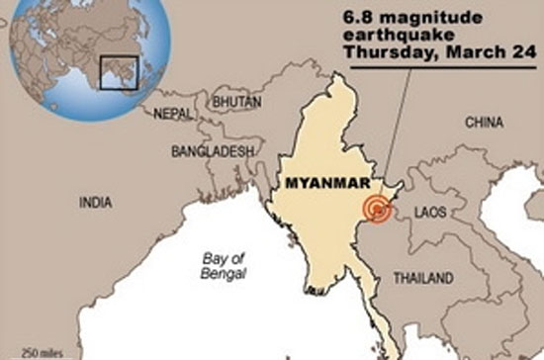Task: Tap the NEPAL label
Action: click(x=173, y=114)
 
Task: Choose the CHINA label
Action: click(x=487, y=124)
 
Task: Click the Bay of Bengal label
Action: click(x=223, y=265)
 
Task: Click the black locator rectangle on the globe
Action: click(x=119, y=72)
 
